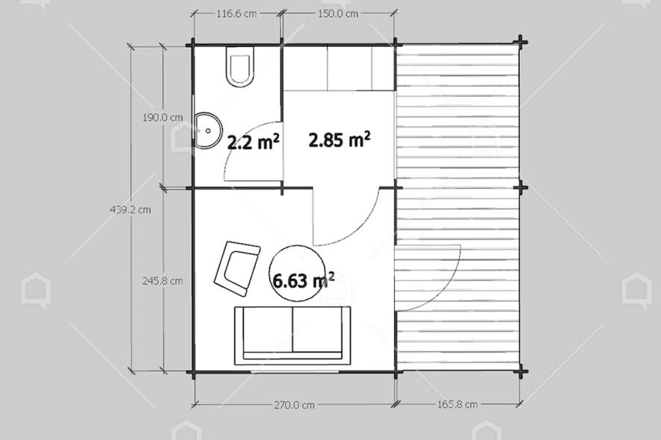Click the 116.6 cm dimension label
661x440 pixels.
click(236, 13)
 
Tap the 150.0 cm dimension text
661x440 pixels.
click(338, 13)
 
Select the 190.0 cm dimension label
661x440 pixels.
click(163, 118)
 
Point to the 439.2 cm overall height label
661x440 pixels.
click(131, 209)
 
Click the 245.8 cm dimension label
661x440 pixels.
click(163, 280)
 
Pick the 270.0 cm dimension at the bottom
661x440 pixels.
click(294, 405)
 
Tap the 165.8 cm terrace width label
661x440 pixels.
click(457, 405)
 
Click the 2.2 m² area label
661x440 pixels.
click(253, 142)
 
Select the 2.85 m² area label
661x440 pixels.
click(339, 139)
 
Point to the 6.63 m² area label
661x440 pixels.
click(304, 280)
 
